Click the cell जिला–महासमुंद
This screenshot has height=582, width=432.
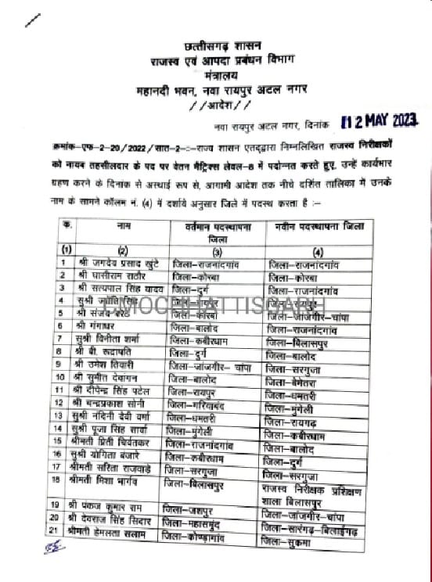pos(199,518)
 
